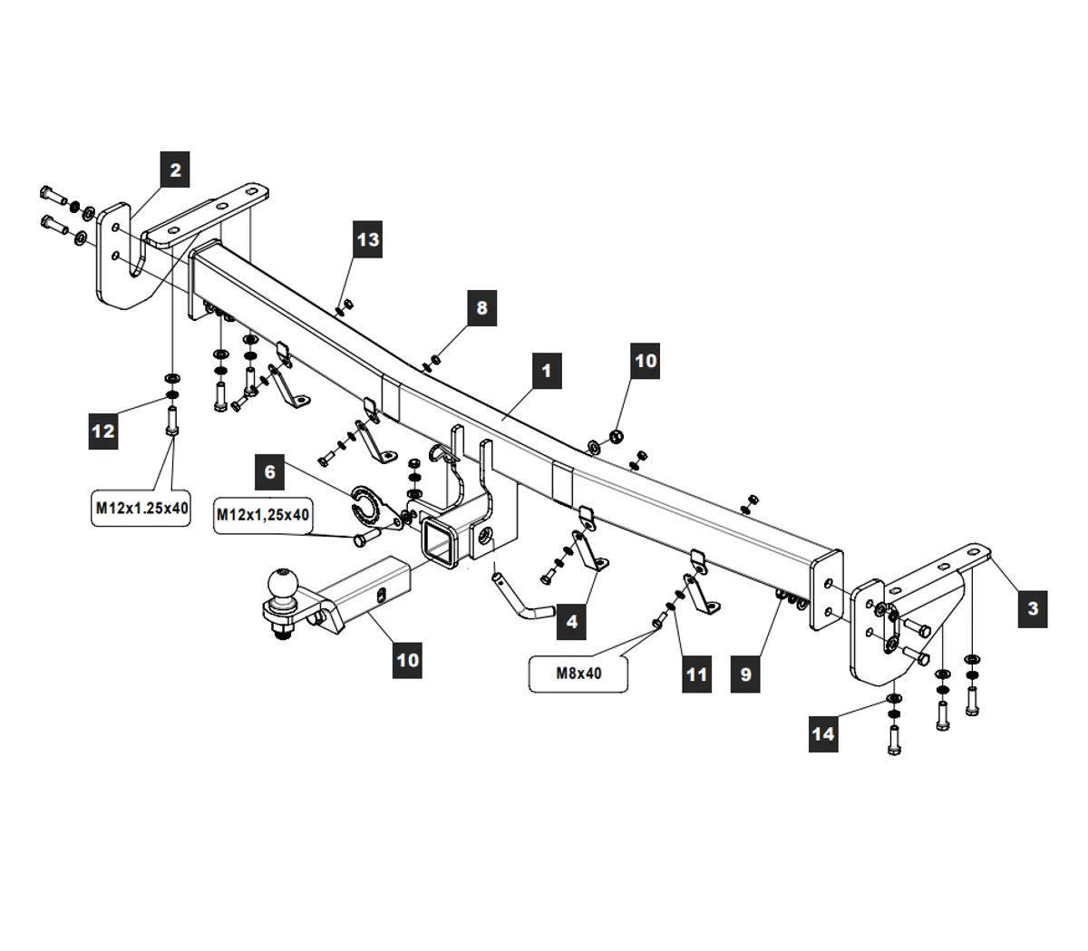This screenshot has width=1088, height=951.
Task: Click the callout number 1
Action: point(546,371)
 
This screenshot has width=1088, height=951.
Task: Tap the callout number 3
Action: point(1033,608)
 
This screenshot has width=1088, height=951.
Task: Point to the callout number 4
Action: point(571,623)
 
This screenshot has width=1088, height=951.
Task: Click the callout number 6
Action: point(269,471)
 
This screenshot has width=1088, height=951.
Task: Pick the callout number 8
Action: point(481,308)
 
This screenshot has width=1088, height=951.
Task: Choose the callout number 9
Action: point(745,674)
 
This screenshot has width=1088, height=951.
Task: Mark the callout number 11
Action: point(696,674)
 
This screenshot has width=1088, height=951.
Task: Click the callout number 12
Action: point(103,431)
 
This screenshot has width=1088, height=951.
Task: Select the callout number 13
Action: point(368,240)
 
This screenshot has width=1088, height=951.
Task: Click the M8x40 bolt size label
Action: point(578,674)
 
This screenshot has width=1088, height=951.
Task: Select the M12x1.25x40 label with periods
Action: point(142,509)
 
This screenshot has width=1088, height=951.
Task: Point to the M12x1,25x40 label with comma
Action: point(263,515)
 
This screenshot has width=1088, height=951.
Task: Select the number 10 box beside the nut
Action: point(645,360)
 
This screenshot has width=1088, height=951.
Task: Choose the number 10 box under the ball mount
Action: point(408,659)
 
